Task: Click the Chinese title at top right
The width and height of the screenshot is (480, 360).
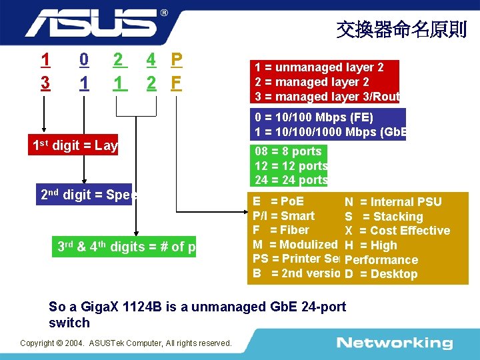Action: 401,29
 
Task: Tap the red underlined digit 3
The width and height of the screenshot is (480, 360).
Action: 45,84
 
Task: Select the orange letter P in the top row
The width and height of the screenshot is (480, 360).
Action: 176,60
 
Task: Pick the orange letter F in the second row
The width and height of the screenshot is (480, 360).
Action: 176,84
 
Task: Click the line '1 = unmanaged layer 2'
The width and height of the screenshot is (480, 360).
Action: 319,67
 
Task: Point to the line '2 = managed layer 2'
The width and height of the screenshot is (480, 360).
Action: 312,82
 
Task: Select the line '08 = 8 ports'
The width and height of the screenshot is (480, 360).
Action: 288,151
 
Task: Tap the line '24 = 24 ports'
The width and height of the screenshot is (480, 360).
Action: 291,180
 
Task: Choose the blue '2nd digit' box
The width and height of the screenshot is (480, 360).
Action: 88,196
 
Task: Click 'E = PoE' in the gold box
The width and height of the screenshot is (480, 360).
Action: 278,201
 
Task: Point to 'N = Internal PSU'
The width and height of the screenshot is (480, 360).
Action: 393,202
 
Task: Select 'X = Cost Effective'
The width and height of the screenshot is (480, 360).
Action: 397,231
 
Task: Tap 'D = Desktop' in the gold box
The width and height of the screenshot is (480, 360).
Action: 381,274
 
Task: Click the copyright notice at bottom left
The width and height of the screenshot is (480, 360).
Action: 126,343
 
